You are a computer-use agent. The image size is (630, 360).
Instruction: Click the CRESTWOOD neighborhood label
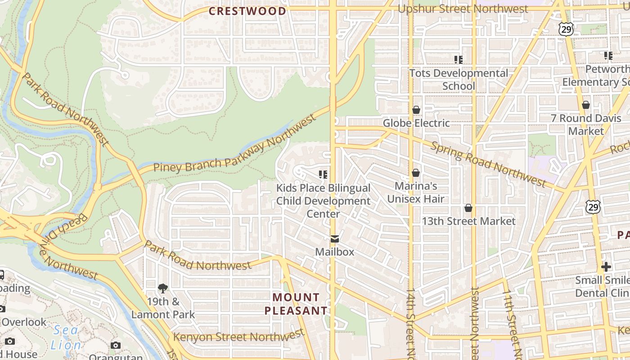(x=247, y=11)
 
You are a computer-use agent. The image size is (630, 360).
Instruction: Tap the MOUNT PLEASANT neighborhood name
(x=296, y=304)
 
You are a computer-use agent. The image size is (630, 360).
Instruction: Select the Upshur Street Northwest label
(x=463, y=9)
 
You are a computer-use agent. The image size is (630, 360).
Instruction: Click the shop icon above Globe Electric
(x=416, y=110)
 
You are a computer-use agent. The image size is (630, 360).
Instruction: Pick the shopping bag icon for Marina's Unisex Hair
(x=416, y=173)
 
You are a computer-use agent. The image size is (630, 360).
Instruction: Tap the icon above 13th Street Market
(x=468, y=208)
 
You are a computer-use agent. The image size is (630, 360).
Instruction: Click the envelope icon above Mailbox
(x=334, y=239)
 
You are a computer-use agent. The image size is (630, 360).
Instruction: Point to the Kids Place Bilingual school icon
(x=323, y=174)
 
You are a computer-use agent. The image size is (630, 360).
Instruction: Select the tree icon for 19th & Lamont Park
(x=162, y=288)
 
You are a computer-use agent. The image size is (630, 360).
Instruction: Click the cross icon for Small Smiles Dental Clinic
(x=606, y=267)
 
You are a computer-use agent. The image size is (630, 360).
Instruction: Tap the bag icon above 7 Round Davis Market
(x=585, y=105)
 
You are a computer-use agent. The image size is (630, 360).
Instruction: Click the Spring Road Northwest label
(x=488, y=164)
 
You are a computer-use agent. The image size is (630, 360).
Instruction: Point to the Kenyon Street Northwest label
(x=239, y=336)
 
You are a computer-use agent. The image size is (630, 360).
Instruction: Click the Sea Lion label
(x=66, y=338)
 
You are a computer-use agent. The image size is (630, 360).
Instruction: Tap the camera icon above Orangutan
(x=116, y=346)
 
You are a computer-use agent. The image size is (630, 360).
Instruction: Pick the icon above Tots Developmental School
(x=458, y=59)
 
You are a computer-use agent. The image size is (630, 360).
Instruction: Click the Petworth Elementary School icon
(x=608, y=56)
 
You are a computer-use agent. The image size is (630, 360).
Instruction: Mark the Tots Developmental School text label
(x=459, y=79)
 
